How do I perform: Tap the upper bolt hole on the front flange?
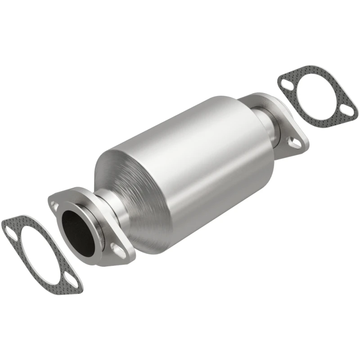[55, 205]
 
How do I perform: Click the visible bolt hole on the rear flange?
[295, 143]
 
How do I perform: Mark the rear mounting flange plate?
[288, 135]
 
